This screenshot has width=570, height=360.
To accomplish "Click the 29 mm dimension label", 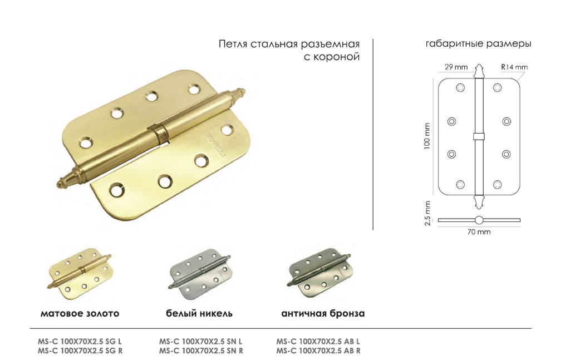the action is (x=456, y=67).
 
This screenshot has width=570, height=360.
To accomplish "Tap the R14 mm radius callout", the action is (x=514, y=67).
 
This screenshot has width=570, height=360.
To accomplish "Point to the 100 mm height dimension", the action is (x=427, y=136).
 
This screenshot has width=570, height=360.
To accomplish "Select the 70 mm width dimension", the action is (x=479, y=232).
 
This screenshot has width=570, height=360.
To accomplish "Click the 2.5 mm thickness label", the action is (x=427, y=213).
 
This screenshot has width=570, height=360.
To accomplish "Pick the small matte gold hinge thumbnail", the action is (x=80, y=274).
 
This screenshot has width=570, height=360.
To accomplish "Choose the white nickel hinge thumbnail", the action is (x=200, y=274).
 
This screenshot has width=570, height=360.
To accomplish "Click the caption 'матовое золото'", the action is (x=80, y=313).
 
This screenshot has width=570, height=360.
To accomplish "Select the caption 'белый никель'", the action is (x=199, y=313).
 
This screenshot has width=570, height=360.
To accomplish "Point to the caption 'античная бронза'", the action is (x=323, y=313).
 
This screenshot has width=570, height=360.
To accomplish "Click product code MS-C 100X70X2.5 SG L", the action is (x=80, y=342).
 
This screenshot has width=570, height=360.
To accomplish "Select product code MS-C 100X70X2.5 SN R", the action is (x=201, y=351).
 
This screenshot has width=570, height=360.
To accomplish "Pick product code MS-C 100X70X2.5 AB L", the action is (x=318, y=342).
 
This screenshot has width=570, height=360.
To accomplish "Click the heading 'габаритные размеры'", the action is (x=478, y=44).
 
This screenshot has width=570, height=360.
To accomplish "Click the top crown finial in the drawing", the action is (x=479, y=71).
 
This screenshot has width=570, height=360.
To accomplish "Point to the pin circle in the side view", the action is (x=479, y=220).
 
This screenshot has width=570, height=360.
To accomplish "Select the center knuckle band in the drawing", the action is (x=479, y=136).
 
